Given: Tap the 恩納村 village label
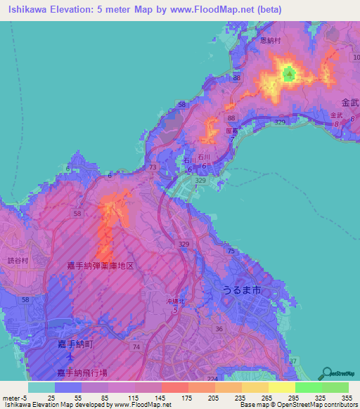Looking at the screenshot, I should (x=271, y=41).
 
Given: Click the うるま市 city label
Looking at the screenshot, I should (x=231, y=290).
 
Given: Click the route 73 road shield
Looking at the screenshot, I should (x=153, y=167).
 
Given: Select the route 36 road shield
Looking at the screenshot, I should (x=219, y=328).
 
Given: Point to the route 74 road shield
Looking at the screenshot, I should (x=136, y=347).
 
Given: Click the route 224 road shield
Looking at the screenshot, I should (x=212, y=377).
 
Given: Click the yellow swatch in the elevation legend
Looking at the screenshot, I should (x=281, y=387).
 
